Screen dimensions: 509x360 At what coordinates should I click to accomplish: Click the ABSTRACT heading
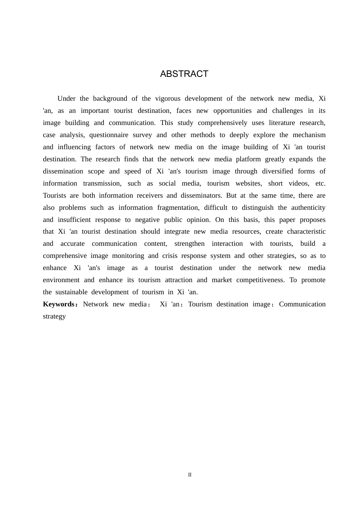184,74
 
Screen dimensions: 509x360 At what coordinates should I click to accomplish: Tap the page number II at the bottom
190,475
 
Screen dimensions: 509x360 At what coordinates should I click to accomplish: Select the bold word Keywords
59,304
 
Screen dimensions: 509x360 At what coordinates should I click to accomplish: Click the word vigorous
167,98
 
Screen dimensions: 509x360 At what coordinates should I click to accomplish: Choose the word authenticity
308,208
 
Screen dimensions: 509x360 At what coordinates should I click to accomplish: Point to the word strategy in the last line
54,316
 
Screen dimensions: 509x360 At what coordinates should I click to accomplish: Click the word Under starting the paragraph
66,98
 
